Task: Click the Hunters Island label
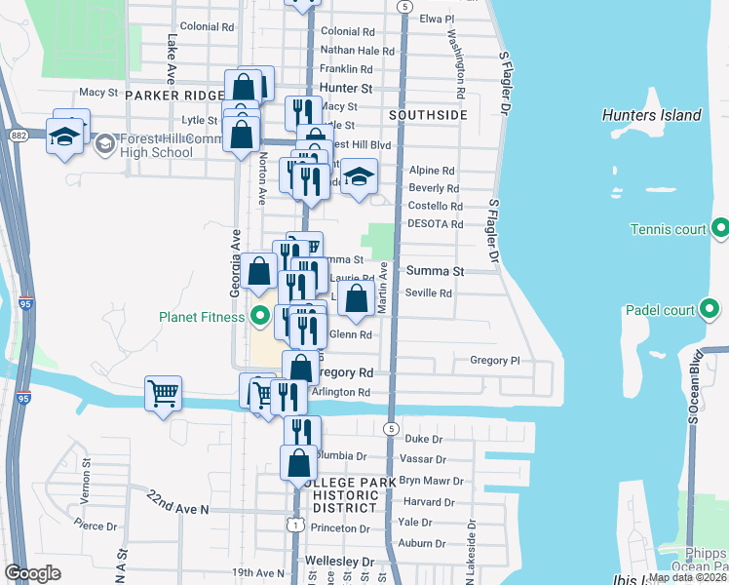[651, 115]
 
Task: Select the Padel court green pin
[710, 311]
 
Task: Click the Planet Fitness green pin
[260, 316]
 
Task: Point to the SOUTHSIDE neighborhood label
[428, 115]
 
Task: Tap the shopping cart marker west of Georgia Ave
[163, 394]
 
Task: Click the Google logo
[32, 572]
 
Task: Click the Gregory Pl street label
[495, 361]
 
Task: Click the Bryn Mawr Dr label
[429, 481]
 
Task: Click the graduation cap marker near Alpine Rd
[359, 177]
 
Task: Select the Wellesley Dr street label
[340, 563]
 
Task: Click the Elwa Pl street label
[437, 19]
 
